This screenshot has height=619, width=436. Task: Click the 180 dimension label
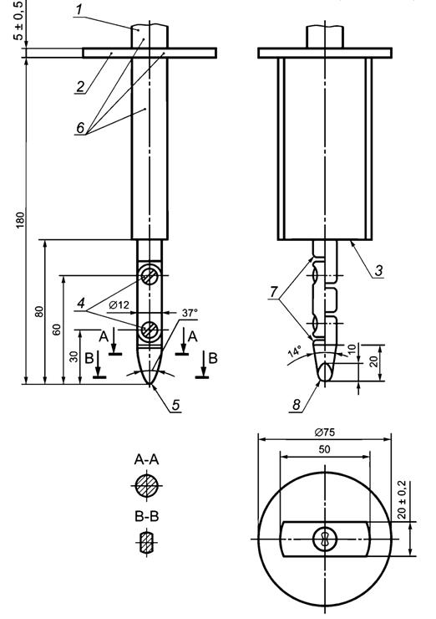[x=20, y=220]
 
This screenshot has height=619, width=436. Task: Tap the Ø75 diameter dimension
[x=325, y=432]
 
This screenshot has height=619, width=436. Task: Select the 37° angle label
[x=190, y=313]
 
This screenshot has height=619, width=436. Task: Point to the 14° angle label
[x=295, y=351]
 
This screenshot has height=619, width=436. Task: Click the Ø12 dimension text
[x=119, y=304]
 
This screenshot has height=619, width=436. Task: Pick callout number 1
[x=79, y=10]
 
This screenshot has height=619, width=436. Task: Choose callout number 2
[x=80, y=86]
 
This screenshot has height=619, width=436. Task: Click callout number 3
[x=378, y=271]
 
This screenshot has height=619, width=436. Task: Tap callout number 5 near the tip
[x=175, y=405]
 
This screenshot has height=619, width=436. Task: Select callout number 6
[x=80, y=128]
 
